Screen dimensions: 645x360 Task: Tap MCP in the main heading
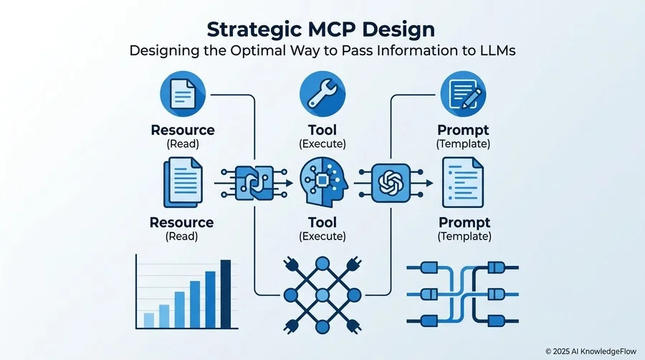click(x=331, y=29)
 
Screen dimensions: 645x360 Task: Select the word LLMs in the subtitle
click(x=498, y=51)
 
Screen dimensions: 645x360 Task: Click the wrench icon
click(x=322, y=94)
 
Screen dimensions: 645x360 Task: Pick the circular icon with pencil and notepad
click(x=463, y=94)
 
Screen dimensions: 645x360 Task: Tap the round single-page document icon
click(x=183, y=94)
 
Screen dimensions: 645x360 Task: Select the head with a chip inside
click(x=324, y=182)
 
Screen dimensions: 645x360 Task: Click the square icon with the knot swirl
click(x=391, y=183)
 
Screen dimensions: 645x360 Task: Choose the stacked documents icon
click(x=183, y=182)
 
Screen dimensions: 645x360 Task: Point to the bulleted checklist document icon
click(x=463, y=182)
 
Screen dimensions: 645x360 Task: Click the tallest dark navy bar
click(x=226, y=294)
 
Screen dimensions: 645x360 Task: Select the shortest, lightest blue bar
click(x=149, y=321)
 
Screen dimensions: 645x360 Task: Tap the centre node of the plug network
click(x=322, y=295)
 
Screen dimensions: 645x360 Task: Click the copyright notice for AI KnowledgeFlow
click(x=591, y=351)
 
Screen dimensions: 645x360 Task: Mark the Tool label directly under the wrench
click(x=322, y=130)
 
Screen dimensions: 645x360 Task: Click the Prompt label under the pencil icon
click(x=463, y=131)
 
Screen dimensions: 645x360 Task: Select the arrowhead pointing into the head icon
click(x=290, y=183)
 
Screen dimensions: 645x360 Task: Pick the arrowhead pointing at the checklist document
click(x=429, y=183)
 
